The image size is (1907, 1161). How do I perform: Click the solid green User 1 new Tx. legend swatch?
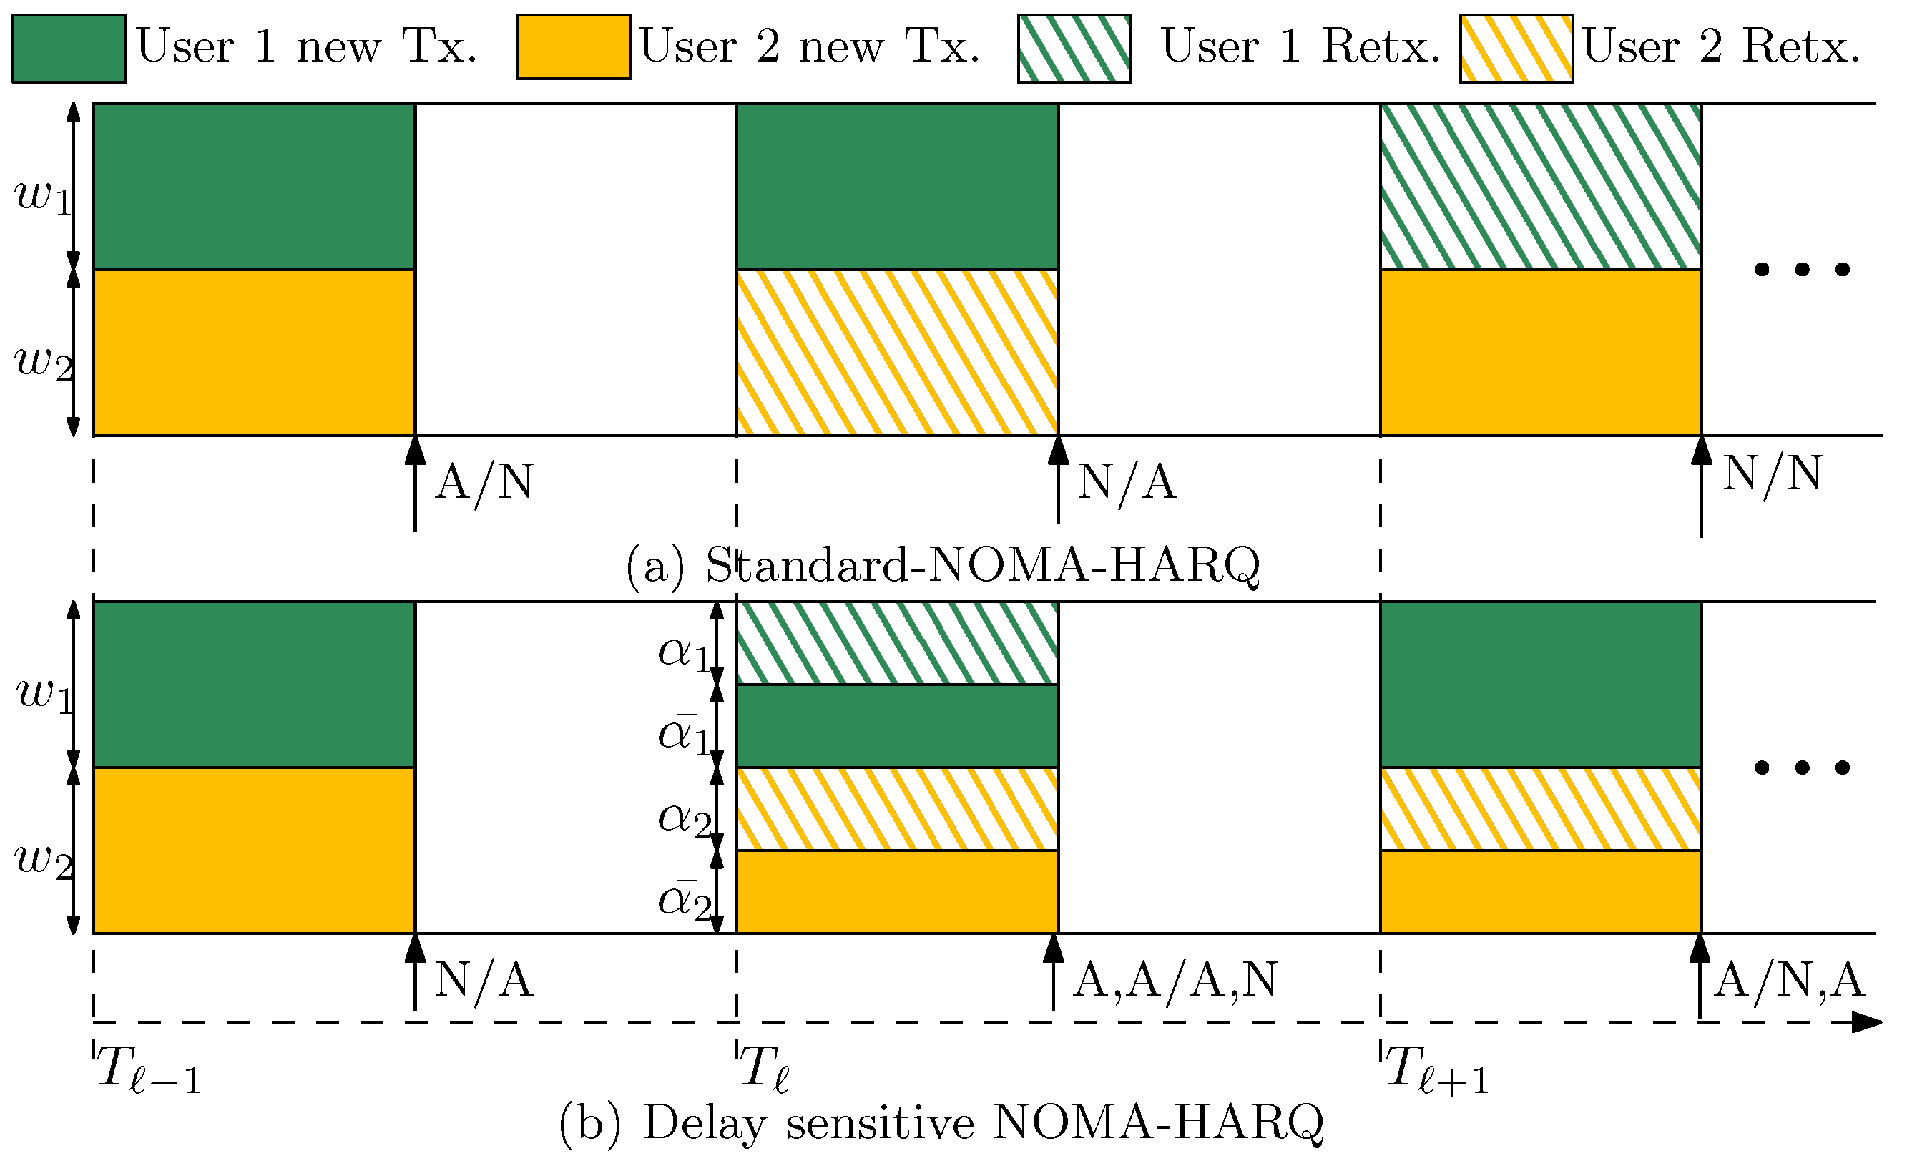pyautogui.click(x=69, y=49)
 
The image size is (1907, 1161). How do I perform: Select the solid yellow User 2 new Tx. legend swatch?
pyautogui.click(x=574, y=47)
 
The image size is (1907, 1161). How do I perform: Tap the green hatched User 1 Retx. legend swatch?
pyautogui.click(x=1074, y=49)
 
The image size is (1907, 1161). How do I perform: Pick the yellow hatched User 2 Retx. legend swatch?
pyautogui.click(x=1516, y=49)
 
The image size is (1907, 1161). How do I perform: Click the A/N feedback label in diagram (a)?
pyautogui.click(x=484, y=483)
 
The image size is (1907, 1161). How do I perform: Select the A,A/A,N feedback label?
pyautogui.click(x=1174, y=981)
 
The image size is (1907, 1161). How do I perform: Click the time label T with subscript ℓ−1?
pyautogui.click(x=147, y=1070)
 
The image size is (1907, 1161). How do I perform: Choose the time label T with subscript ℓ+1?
pyautogui.click(x=1436, y=1070)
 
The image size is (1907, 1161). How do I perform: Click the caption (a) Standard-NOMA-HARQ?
pyautogui.click(x=943, y=566)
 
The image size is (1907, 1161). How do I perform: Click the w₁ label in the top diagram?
pyautogui.click(x=44, y=197)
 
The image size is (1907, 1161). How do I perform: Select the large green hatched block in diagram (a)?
pyautogui.click(x=1540, y=187)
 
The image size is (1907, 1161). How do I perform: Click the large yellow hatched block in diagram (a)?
pyautogui.click(x=897, y=353)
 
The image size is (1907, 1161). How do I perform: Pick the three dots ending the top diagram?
pyautogui.click(x=1802, y=270)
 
